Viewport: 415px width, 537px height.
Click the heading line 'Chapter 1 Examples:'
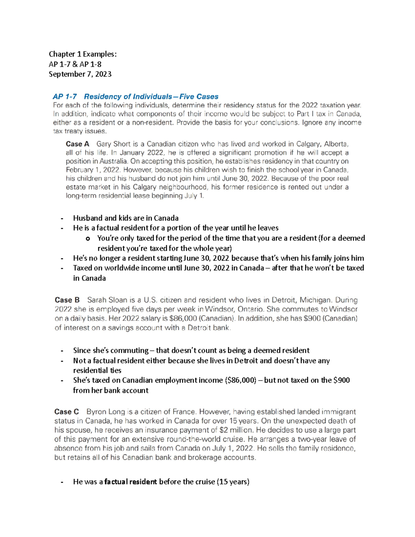pos(83,54)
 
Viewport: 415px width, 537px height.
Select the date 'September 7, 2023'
pos(80,74)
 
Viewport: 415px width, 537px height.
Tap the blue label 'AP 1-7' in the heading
pos(65,96)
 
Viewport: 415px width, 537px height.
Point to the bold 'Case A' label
pos(77,144)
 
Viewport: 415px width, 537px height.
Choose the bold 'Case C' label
pos(66,411)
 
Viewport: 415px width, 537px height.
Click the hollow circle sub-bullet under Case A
pos(88,238)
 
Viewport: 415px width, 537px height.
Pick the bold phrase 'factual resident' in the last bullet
pos(130,482)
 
